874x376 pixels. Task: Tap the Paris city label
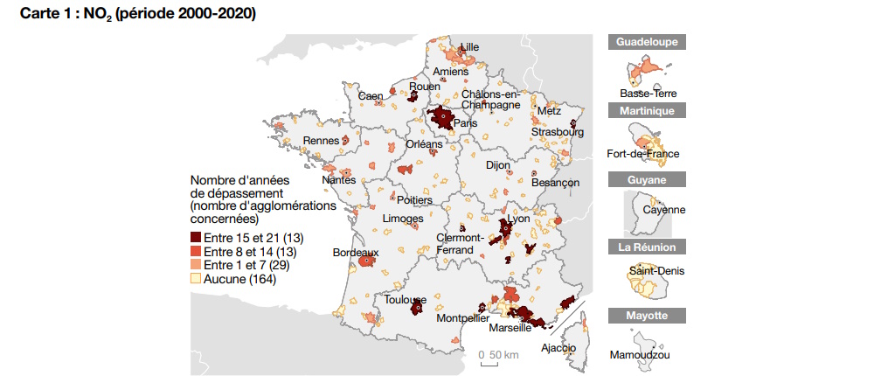pos(465,124)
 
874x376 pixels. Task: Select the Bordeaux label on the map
pos(356,252)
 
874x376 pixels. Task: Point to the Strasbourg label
pos(557,133)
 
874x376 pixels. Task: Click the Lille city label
pos(469,46)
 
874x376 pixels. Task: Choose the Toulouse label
pos(405,299)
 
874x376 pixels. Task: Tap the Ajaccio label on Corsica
pos(558,347)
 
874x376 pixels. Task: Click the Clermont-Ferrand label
pos(460,244)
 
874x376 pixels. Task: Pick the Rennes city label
pos(321,141)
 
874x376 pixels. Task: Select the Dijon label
pos(497,164)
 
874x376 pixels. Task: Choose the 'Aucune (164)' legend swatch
pos(196,279)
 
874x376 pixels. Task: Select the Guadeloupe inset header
pos(647,42)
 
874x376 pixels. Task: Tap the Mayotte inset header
pos(647,316)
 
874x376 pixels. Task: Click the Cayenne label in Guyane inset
pos(663,210)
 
